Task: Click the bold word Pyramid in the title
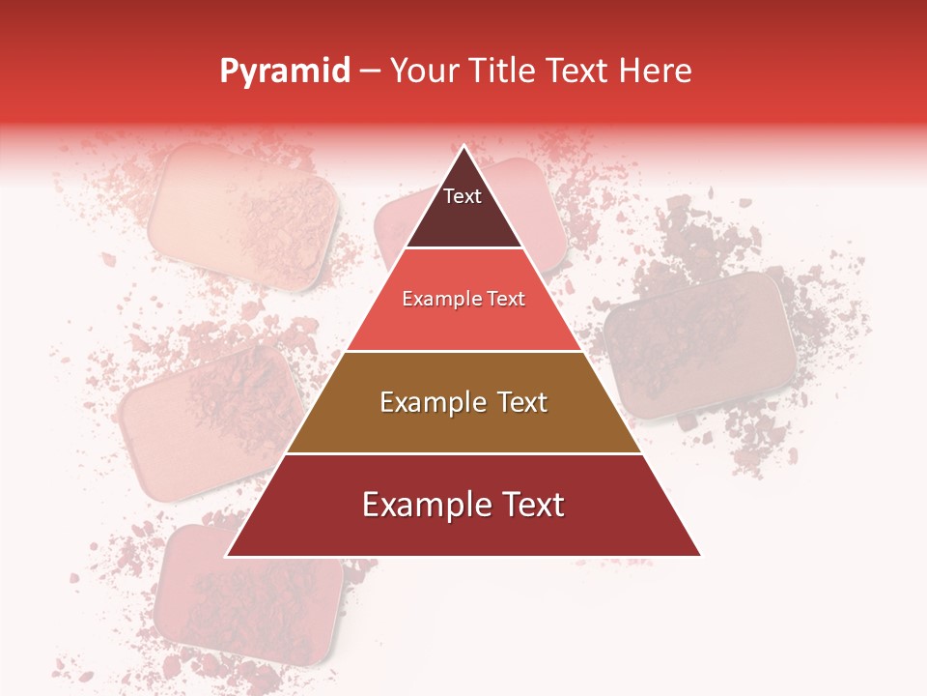click(x=285, y=72)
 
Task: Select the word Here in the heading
click(x=656, y=72)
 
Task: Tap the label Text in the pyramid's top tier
click(x=463, y=196)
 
